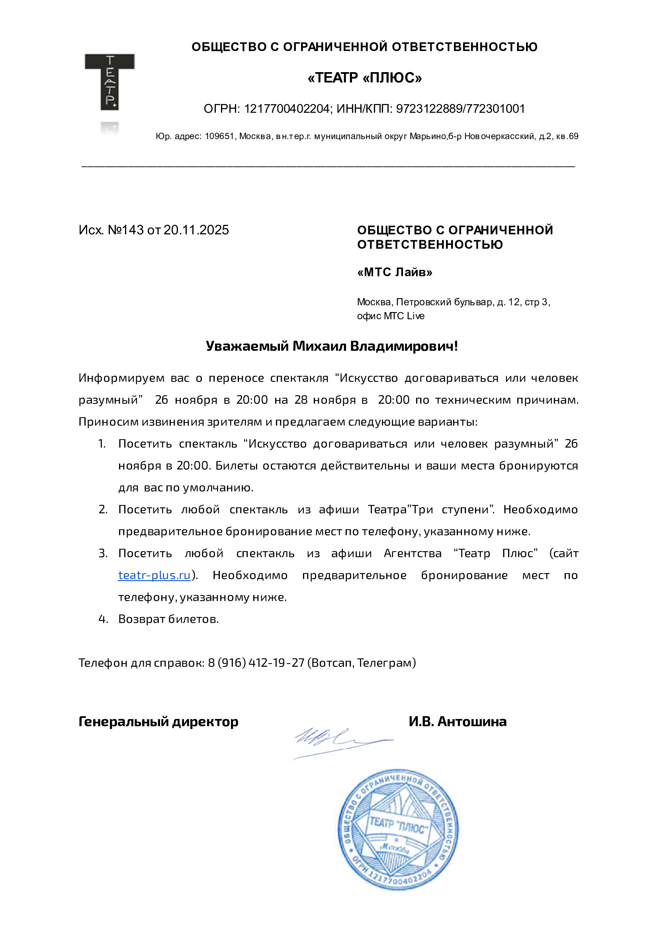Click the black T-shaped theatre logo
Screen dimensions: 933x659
click(109, 81)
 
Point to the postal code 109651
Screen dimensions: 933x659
click(219, 137)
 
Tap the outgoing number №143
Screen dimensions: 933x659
click(125, 230)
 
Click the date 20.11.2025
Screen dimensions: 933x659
click(196, 230)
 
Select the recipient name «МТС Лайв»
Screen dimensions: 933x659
click(394, 272)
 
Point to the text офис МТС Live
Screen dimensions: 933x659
click(391, 316)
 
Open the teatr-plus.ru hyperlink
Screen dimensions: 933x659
click(154, 575)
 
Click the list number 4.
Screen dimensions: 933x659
click(103, 619)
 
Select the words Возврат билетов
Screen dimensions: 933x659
click(168, 619)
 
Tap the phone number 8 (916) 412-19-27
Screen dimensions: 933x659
click(256, 663)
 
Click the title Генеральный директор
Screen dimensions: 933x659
click(158, 721)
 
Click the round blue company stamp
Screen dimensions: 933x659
click(398, 829)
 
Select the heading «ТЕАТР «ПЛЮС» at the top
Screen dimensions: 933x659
click(364, 78)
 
